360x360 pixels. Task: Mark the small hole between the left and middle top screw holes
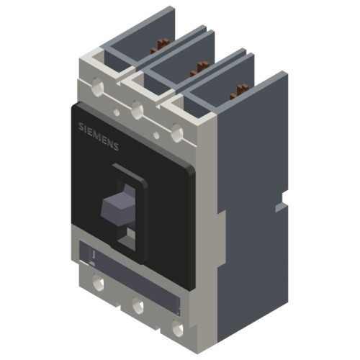pos(115,112)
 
